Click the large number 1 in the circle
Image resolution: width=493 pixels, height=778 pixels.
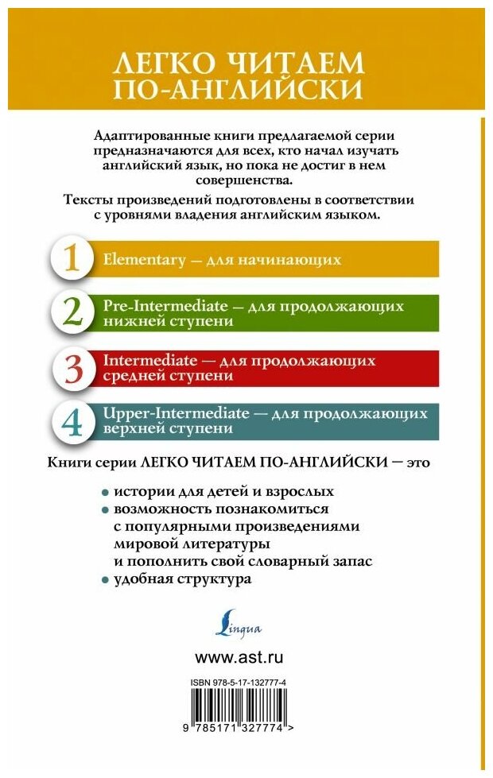(x=72, y=260)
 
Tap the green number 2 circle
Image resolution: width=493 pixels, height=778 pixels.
(x=72, y=312)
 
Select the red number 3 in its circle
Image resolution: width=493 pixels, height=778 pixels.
(x=72, y=366)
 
